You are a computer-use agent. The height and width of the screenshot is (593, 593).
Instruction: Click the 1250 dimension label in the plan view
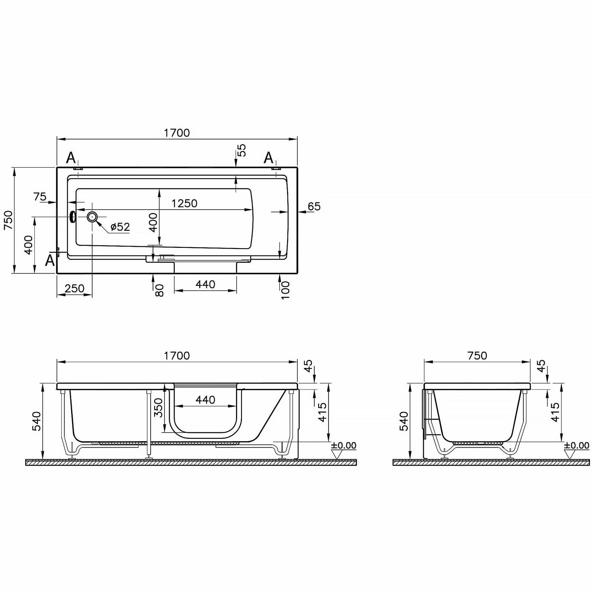point(184,203)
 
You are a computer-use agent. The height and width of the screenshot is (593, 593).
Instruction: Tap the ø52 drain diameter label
point(120,227)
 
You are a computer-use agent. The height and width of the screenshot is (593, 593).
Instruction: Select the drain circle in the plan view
point(92,217)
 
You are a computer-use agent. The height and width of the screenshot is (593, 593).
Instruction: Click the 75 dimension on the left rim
point(40,196)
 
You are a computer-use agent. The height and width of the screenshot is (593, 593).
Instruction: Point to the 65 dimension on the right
point(314,206)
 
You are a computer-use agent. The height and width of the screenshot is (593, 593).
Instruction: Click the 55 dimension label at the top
point(241,150)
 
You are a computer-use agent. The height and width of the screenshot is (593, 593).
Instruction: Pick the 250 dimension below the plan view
point(75,288)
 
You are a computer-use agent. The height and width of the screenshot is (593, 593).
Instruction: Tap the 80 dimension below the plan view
point(159,291)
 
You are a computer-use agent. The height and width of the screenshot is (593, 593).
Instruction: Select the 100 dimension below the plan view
point(285,290)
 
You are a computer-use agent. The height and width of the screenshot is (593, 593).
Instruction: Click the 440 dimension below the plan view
point(206,284)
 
